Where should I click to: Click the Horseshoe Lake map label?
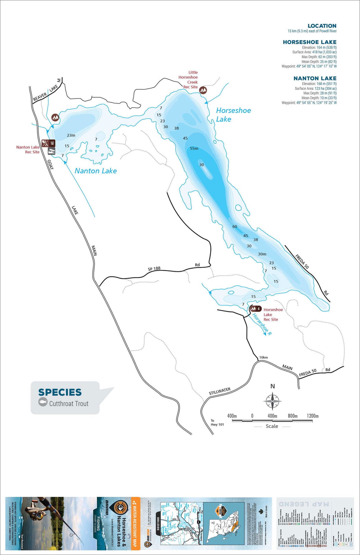(233, 115)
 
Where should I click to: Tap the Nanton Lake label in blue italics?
(95, 171)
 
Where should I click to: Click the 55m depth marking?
(194, 148)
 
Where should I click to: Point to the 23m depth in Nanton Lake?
(71, 135)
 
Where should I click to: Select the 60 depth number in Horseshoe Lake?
(235, 227)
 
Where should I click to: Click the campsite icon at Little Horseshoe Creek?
(203, 90)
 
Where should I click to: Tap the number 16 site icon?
(52, 143)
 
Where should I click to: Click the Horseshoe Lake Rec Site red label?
(273, 314)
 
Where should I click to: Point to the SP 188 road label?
(154, 269)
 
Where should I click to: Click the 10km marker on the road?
(263, 357)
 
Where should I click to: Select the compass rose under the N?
(273, 401)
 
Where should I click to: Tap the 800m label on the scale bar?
(292, 416)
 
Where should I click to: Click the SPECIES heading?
(60, 392)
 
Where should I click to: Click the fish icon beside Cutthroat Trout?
(43, 402)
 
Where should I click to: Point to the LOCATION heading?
(322, 26)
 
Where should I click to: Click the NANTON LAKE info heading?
(315, 78)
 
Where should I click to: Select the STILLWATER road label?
(219, 391)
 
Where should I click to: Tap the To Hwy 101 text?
(217, 422)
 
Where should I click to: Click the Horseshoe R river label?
(262, 324)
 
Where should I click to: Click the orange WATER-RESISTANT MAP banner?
(135, 522)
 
